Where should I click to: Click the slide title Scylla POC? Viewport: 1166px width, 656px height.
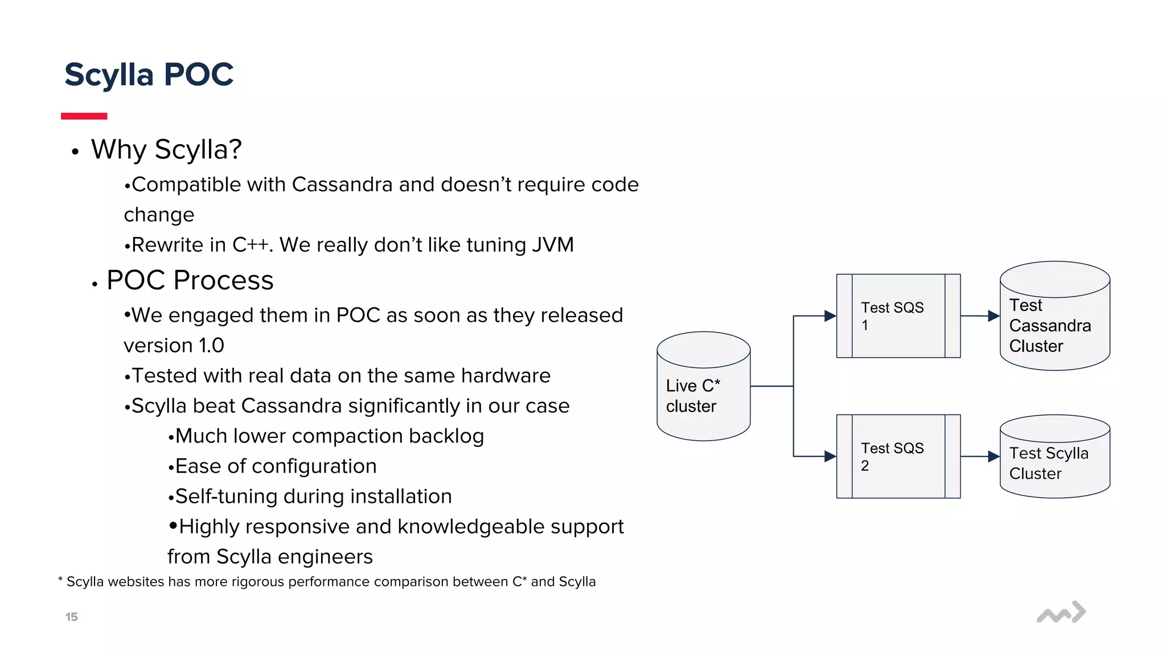click(149, 75)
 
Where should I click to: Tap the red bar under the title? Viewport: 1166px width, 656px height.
click(84, 116)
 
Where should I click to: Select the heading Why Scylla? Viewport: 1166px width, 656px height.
click(166, 150)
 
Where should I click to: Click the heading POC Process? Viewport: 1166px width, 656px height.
click(190, 280)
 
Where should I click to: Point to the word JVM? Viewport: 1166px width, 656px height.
click(552, 245)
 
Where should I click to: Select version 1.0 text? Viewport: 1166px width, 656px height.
click(174, 346)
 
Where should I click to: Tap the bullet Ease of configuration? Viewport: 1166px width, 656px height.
click(275, 466)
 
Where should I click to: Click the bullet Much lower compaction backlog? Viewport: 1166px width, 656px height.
click(329, 436)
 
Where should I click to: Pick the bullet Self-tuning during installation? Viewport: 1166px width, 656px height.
click(313, 497)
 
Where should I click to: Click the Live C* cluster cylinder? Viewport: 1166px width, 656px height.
click(703, 387)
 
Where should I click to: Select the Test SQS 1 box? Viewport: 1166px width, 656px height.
click(898, 316)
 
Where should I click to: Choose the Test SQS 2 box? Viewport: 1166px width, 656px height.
click(898, 457)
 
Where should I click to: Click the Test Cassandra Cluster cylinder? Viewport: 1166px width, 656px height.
click(1054, 319)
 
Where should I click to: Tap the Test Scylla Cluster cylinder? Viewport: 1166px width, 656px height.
click(1054, 458)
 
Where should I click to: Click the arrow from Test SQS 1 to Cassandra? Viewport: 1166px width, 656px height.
click(979, 316)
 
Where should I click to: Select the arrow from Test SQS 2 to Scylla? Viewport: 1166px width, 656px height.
click(979, 457)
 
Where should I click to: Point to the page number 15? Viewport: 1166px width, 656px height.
click(71, 617)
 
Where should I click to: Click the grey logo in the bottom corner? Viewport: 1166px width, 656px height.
click(1061, 613)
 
